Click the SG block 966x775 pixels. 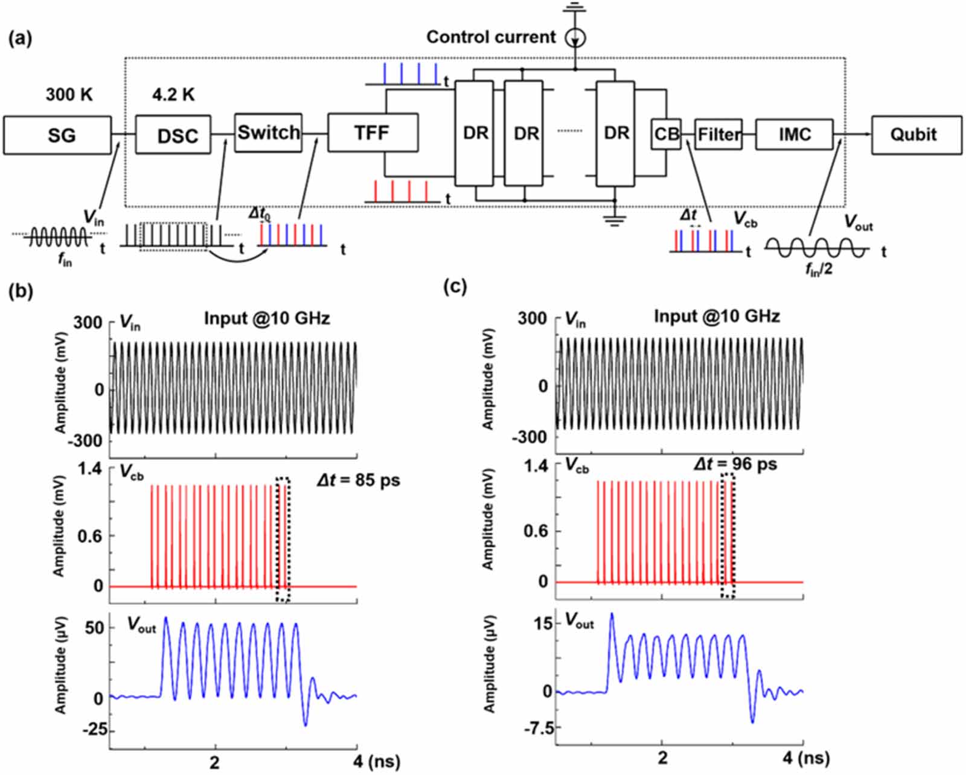pos(57,135)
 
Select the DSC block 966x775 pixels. pos(173,135)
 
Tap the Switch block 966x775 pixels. pos(268,132)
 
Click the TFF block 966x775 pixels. pos(373,132)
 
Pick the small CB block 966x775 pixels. pos(667,133)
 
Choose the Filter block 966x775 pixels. pos(718,133)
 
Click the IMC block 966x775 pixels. pos(794,134)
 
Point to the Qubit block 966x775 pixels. pos(916,135)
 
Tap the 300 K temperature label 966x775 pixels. pos(69,95)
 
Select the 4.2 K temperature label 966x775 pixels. pos(173,95)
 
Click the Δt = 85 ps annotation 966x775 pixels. pos(358,480)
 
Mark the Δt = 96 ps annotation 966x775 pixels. pos(735,464)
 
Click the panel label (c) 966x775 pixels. pos(455,285)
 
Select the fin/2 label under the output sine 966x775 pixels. pos(819,268)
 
